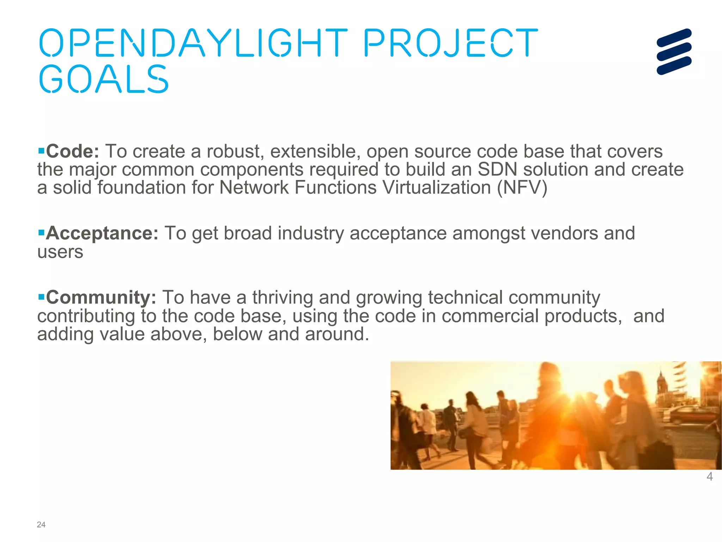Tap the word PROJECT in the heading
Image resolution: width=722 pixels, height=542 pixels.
[x=451, y=43]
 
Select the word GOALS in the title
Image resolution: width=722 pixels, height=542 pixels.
[x=104, y=79]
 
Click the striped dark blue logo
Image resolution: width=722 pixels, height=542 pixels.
[x=674, y=52]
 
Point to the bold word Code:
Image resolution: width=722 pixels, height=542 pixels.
[x=73, y=151]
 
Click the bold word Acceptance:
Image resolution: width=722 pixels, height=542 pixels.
[x=102, y=233]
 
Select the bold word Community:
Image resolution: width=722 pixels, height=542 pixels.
[x=101, y=297]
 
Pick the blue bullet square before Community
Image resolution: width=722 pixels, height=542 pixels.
[x=41, y=297]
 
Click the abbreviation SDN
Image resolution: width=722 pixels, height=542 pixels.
[x=497, y=169]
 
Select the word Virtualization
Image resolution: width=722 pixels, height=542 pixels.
[x=436, y=187]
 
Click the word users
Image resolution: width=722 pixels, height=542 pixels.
[x=60, y=252]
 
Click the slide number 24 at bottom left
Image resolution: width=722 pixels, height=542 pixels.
[x=41, y=525]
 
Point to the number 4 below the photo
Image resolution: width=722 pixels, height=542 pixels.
[x=710, y=477]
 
